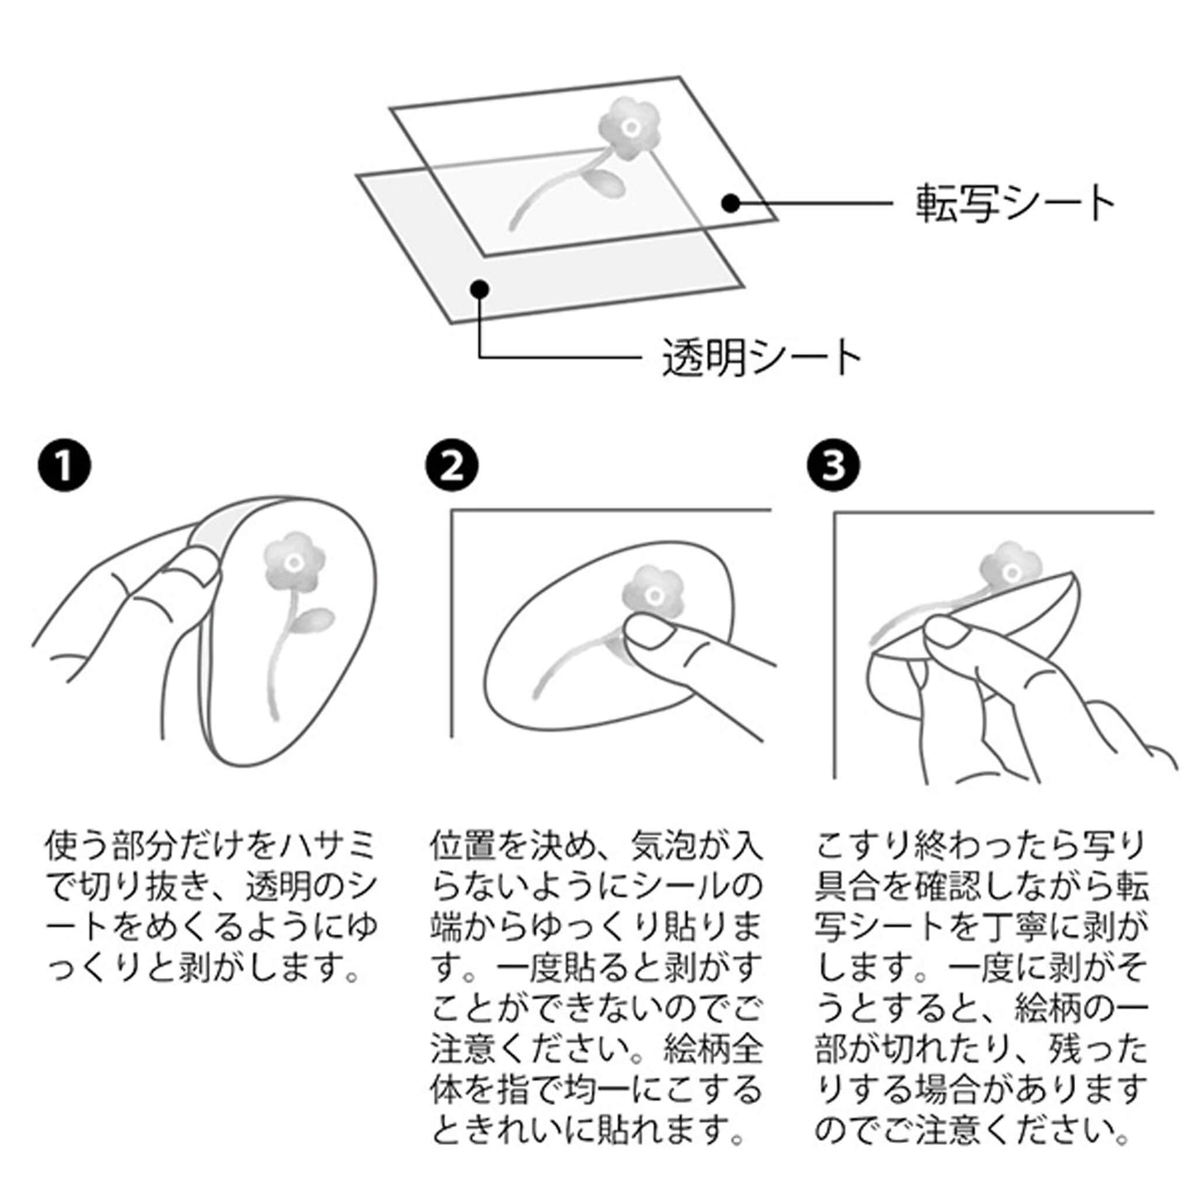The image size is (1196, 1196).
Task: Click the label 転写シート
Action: point(1016,203)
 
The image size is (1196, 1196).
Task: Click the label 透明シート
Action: point(761,358)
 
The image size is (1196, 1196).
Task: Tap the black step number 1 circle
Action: point(64,465)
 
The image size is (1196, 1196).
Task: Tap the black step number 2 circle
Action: point(453,465)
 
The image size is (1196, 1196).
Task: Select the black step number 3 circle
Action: point(834,465)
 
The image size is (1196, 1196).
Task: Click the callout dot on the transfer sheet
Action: point(732,203)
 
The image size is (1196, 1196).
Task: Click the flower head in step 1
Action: point(294,562)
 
